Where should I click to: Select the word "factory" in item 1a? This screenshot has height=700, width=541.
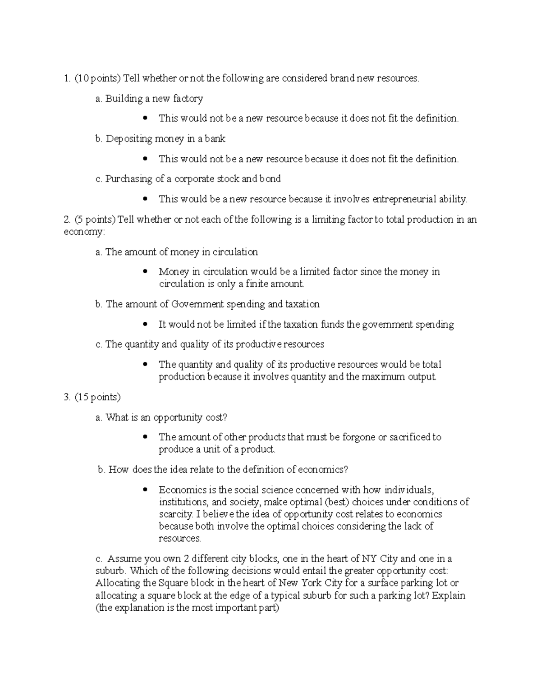pyautogui.click(x=188, y=99)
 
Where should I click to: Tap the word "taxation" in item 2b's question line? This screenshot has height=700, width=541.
pyautogui.click(x=303, y=304)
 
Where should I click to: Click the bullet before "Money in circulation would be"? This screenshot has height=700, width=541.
pyautogui.click(x=145, y=272)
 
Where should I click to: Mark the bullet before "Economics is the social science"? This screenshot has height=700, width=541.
pyautogui.click(x=145, y=490)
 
